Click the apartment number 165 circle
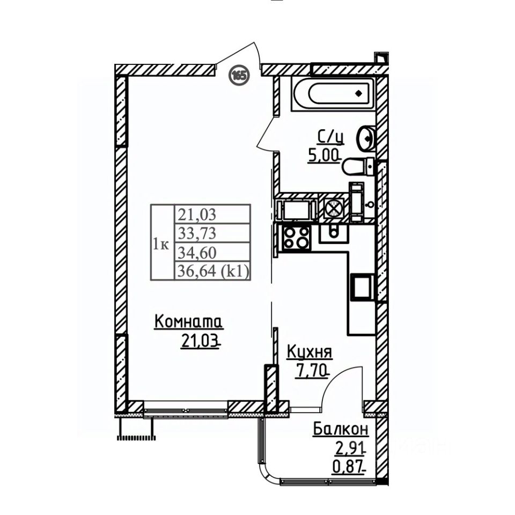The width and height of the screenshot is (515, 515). tap(239, 75)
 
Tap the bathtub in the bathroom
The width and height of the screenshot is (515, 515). tap(337, 95)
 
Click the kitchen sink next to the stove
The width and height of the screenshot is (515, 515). tap(333, 232)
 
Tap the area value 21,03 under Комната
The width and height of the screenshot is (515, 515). tap(200, 341)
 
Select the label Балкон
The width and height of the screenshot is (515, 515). tap(341, 429)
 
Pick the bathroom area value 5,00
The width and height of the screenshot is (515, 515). tap(323, 156)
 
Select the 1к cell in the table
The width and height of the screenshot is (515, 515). tap(161, 245)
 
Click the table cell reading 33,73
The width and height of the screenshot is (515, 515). tap(195, 234)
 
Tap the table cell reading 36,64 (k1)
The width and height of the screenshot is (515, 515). tap(211, 272)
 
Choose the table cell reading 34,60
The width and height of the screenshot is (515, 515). tap(195, 253)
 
